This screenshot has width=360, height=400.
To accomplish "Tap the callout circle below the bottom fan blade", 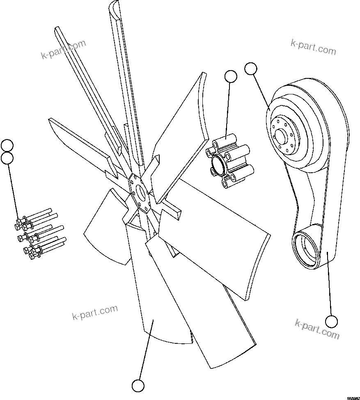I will [138, 385].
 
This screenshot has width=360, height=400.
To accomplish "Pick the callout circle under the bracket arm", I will [331, 321].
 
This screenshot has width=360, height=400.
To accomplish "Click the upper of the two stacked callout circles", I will [7, 145].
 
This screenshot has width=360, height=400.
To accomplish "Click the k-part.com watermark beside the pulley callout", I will [313, 48].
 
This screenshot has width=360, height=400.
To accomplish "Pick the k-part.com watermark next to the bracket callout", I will [317, 329].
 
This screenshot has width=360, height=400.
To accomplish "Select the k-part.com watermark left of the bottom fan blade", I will [95, 313].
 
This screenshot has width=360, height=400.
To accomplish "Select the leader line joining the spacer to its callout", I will [228, 111].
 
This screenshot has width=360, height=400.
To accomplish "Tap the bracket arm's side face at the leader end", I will [327, 254].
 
